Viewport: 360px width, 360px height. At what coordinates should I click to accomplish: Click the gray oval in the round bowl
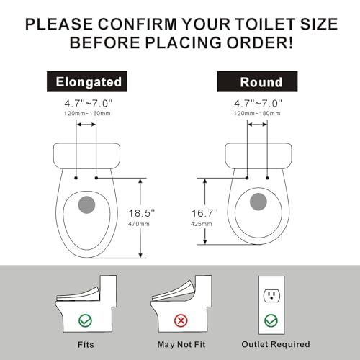coord(257,202)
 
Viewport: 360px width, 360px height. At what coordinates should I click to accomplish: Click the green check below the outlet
coord(271,320)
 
